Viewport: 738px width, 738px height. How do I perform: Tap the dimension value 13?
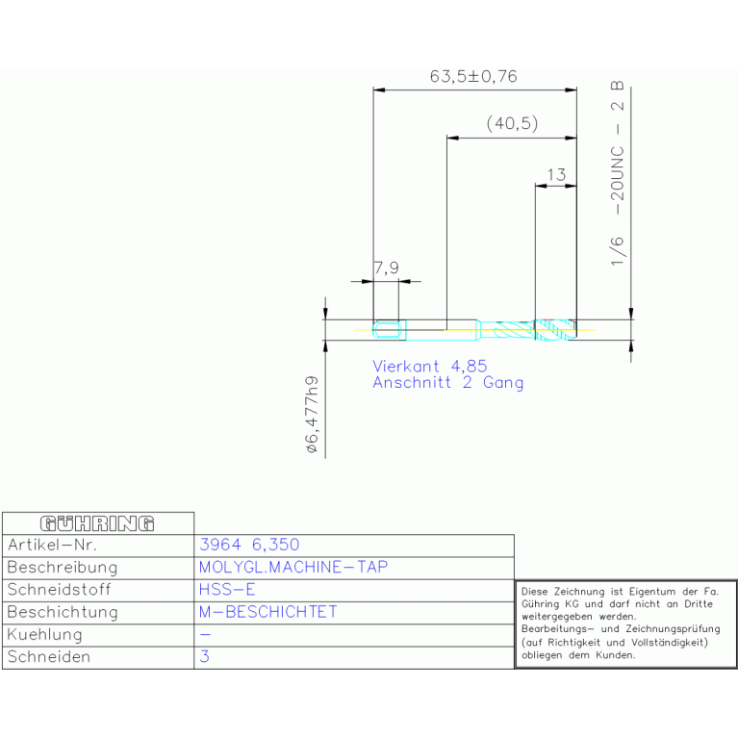click(x=556, y=175)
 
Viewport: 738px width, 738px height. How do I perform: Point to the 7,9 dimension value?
click(x=386, y=268)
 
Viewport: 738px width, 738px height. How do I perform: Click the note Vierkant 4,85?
click(x=430, y=366)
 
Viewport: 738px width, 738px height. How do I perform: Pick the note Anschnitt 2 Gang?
click(x=448, y=383)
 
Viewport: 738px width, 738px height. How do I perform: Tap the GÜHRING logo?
click(x=97, y=523)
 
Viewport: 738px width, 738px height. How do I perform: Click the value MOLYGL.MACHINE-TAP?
click(x=293, y=567)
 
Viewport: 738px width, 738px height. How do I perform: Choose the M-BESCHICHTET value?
click(x=267, y=612)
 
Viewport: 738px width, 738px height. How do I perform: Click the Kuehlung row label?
click(x=45, y=635)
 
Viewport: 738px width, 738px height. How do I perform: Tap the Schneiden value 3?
click(x=204, y=657)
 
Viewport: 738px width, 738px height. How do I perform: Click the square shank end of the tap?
click(x=389, y=331)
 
